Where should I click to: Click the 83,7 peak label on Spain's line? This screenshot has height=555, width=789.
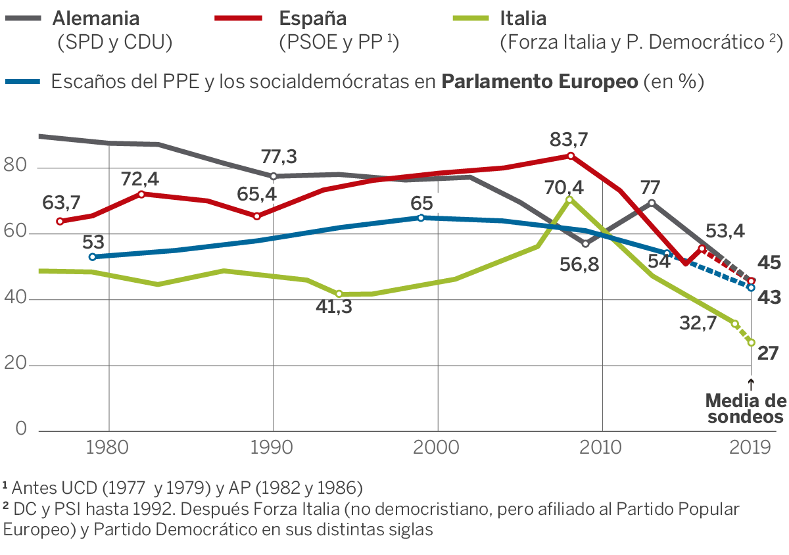click(x=570, y=140)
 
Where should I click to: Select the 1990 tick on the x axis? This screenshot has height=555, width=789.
click(x=273, y=448)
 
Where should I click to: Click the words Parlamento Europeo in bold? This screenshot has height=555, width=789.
click(x=539, y=82)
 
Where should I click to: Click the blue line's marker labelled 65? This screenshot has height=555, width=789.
click(x=421, y=218)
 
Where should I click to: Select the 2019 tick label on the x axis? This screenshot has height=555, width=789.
click(x=750, y=448)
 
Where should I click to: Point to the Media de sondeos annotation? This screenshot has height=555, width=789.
click(x=745, y=408)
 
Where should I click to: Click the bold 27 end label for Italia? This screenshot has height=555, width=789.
click(x=767, y=353)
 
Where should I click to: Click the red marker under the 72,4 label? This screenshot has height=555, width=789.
click(x=141, y=194)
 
